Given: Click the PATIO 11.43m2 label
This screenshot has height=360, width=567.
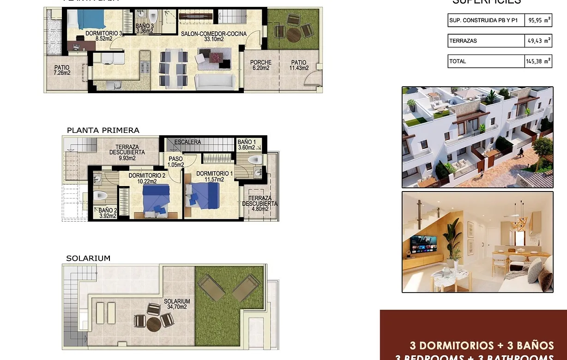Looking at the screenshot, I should pyautogui.click(x=298, y=65).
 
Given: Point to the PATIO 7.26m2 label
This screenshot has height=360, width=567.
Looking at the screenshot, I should pyautogui.click(x=61, y=70).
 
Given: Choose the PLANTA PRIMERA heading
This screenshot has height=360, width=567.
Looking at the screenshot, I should pyautogui.click(x=103, y=130).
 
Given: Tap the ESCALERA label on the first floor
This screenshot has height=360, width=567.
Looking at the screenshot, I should pyautogui.click(x=187, y=142).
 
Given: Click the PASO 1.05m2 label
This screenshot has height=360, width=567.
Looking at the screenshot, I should pyautogui.click(x=176, y=162).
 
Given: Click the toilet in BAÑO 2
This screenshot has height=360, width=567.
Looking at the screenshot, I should pyautogui.click(x=101, y=196).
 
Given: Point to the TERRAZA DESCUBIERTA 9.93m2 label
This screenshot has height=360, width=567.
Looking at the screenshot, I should pyautogui.click(x=127, y=152).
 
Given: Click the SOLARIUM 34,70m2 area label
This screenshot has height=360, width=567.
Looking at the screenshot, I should pyautogui.click(x=177, y=304).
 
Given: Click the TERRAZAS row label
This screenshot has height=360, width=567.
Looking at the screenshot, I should pyautogui.click(x=463, y=41).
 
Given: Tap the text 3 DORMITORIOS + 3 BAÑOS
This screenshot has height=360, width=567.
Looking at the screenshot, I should pyautogui.click(x=482, y=345).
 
